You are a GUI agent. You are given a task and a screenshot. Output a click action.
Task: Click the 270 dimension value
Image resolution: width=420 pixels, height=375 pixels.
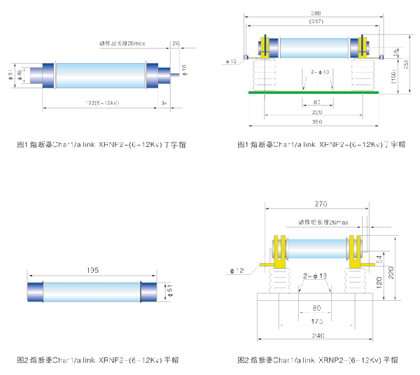click(321, 205)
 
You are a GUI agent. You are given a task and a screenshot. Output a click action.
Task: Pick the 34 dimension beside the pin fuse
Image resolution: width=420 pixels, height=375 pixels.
click(164, 103)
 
